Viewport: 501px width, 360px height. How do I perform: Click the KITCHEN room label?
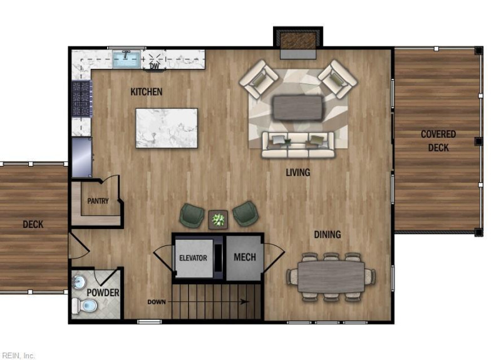pos(147,92)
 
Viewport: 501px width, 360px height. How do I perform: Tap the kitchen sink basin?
pos(127,59)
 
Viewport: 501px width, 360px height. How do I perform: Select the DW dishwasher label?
pos(155,66)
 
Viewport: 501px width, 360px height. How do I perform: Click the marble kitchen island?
pos(167,128)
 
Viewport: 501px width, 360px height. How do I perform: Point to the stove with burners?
pos(81,99)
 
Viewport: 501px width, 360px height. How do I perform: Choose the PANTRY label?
pos(98,201)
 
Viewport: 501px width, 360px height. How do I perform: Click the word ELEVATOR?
pos(193,258)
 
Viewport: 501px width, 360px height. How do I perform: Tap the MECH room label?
pos(245,257)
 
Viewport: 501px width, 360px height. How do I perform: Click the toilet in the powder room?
pos(85,306)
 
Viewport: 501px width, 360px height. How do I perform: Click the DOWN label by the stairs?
pos(157,302)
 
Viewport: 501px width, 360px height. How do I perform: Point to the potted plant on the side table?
pos(218,220)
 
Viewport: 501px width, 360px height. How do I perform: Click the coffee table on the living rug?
pos(297,108)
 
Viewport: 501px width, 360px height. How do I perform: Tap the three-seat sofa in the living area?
pos(298,145)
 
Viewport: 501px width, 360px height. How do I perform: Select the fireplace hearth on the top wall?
pos(298,54)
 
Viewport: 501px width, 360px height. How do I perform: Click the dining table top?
pos(331,277)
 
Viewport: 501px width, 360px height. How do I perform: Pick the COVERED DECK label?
pos(438,141)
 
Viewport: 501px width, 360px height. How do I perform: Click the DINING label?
pos(328,235)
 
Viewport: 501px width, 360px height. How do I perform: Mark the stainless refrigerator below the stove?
pos(82,157)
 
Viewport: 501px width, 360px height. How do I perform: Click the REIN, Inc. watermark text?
pos(18,355)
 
